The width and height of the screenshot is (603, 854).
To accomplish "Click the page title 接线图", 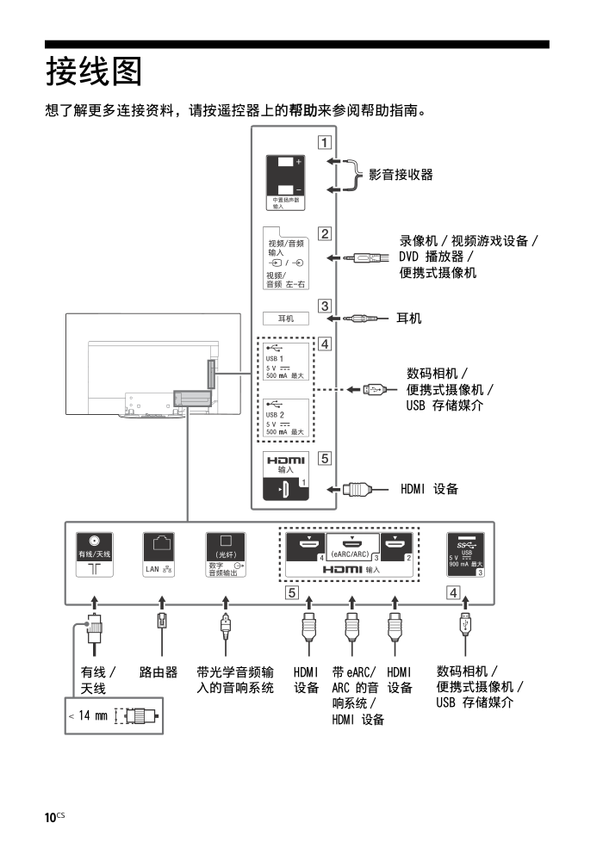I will [x=94, y=72].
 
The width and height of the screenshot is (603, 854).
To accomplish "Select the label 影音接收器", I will [x=401, y=175].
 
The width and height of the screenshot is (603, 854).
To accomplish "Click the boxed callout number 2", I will [x=323, y=232].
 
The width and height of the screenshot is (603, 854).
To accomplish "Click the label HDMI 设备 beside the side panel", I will [x=429, y=489].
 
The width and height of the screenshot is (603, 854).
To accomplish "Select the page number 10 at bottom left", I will [x=52, y=816].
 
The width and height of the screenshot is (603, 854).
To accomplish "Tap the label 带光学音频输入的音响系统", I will [x=235, y=679].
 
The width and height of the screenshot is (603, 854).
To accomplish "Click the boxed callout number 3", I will [x=323, y=306].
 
